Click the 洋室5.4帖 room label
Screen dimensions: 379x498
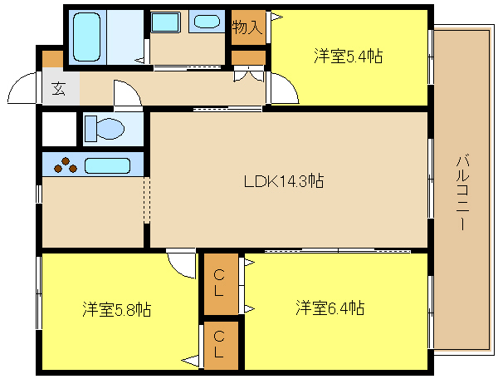[x=348, y=57]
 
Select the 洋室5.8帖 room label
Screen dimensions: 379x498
[x=117, y=309]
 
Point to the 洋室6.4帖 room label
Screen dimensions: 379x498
[x=330, y=308]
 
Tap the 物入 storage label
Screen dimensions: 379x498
[x=247, y=27]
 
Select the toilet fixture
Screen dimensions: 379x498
[x=105, y=129]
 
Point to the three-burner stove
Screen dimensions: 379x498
[x=65, y=165]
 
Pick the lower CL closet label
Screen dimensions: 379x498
[x=219, y=344]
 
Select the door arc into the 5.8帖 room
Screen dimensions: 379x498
[x=180, y=264]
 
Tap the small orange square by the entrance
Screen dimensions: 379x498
[x=52, y=59]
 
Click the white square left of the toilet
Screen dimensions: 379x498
[x=59, y=130]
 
